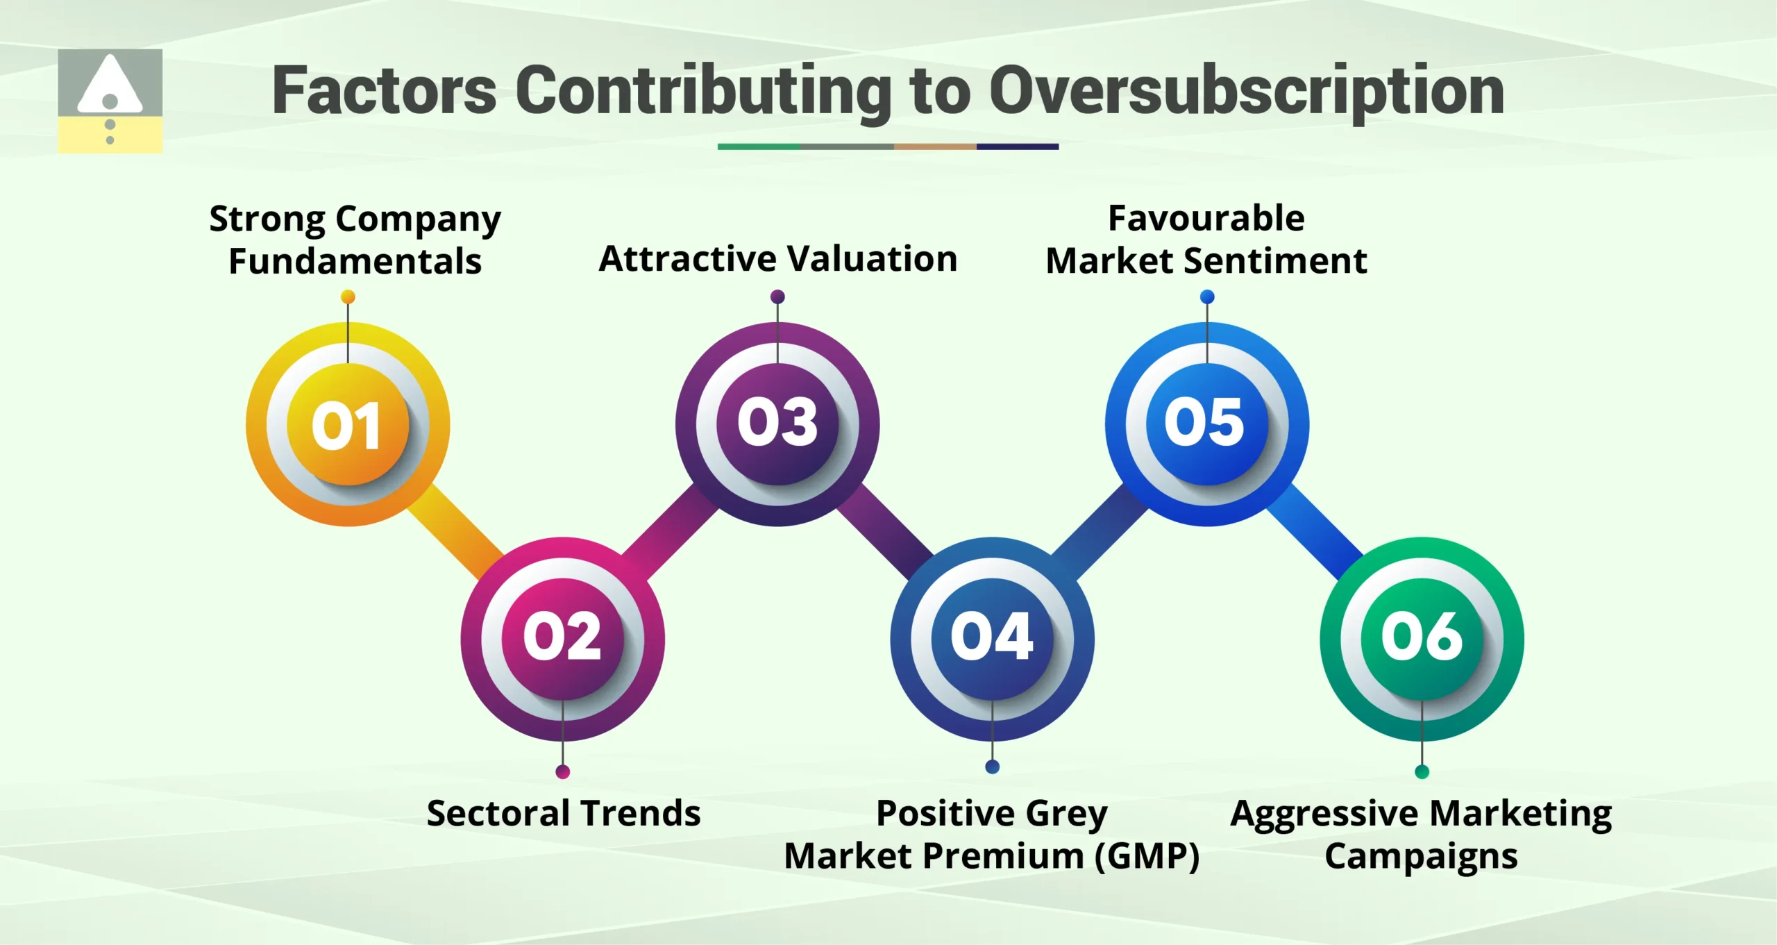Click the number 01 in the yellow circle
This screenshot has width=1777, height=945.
tap(346, 425)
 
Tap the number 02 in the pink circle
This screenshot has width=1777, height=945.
tap(562, 637)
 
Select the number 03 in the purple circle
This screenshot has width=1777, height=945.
tap(777, 422)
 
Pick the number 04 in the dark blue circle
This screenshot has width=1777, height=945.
tap(992, 637)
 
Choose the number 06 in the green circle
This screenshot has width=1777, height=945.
tap(1422, 637)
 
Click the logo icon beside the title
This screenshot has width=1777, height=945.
tap(110, 101)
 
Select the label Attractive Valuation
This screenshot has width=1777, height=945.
tap(777, 258)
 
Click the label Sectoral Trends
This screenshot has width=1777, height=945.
tap(563, 812)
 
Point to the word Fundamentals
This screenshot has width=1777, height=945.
tap(355, 262)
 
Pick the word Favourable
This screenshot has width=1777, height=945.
tap(1206, 218)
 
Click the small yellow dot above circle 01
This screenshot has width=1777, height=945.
tap(348, 297)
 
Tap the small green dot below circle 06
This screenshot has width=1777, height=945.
tap(1422, 771)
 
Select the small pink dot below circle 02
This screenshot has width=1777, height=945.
tap(563, 771)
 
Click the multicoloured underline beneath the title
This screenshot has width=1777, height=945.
tap(888, 147)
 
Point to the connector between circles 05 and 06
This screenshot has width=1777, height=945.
tap(1314, 531)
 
